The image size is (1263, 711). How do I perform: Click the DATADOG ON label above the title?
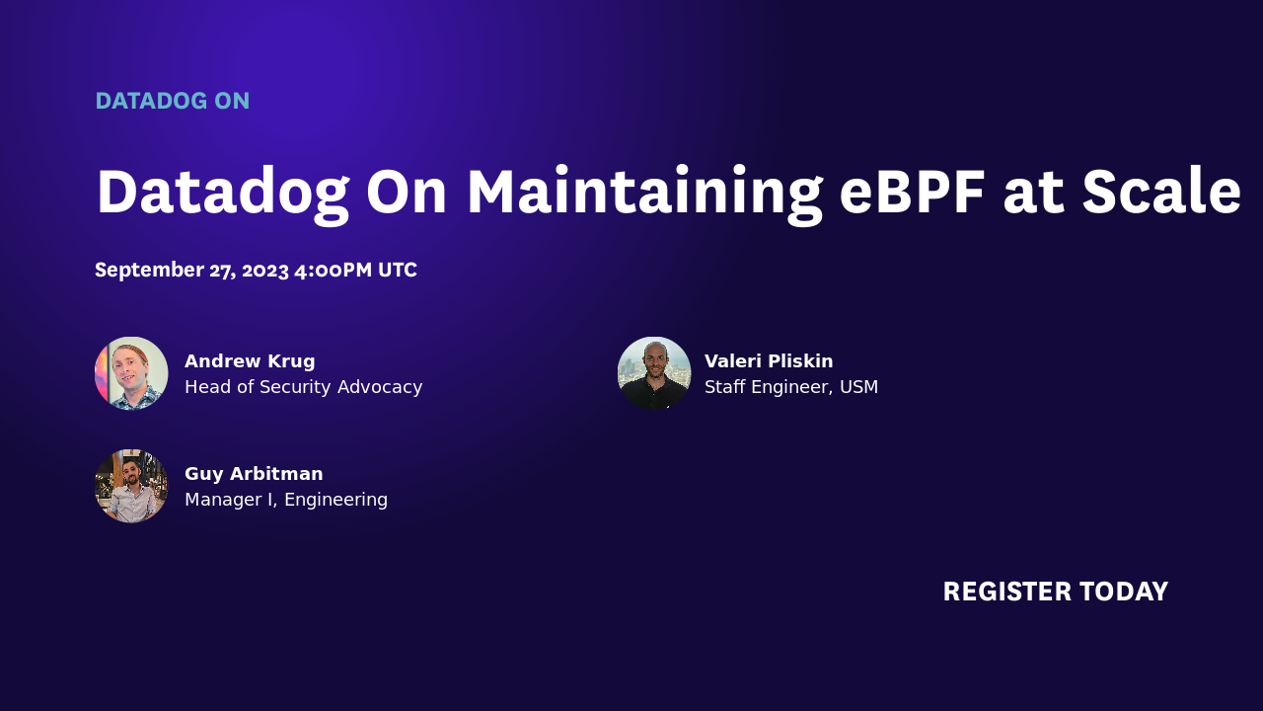[172, 101]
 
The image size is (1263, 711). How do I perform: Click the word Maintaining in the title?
[644, 192]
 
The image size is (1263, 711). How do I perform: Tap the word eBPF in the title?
[912, 192]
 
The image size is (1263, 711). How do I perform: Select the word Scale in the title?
[1160, 192]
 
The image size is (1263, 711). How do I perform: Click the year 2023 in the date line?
[264, 271]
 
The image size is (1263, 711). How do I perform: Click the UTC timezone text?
[398, 271]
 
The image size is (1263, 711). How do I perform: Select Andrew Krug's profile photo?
[131, 373]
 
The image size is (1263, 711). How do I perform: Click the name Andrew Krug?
[250, 361]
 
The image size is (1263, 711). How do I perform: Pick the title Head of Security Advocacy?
[303, 387]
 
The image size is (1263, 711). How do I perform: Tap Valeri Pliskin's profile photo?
[654, 373]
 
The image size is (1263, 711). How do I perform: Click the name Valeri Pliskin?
[769, 361]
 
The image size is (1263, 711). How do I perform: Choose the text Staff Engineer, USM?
[790, 387]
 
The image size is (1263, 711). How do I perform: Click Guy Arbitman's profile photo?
[131, 486]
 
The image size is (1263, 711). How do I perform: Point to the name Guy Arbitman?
[254, 474]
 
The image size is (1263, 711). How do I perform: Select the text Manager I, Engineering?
[286, 500]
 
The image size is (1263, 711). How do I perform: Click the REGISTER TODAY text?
[1055, 592]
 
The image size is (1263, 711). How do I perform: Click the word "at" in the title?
[1033, 192]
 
